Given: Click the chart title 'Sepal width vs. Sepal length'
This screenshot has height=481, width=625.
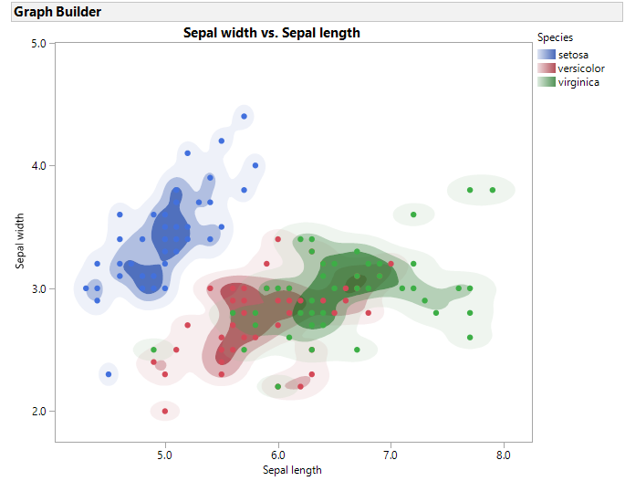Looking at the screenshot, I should tap(272, 33).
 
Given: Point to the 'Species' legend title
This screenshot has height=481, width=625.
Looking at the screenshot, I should tap(555, 37).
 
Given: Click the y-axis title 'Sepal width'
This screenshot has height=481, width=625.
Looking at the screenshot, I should tap(20, 241).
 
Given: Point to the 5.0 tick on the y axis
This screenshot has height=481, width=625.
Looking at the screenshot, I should tap(38, 43).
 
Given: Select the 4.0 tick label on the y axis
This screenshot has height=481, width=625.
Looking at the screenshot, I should tap(38, 166).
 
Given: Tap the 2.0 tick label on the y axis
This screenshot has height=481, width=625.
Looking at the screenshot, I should tap(38, 412).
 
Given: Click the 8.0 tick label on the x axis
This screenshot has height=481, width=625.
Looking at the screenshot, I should tap(504, 454).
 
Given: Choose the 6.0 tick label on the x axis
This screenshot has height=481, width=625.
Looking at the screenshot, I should tap(278, 454).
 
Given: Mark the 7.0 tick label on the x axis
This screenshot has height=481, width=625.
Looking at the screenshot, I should tap(391, 454).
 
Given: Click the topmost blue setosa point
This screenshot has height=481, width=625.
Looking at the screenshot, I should tap(244, 116).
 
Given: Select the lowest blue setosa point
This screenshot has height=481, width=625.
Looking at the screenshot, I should tap(109, 374).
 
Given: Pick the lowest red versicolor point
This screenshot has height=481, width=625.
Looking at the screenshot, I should tap(165, 412).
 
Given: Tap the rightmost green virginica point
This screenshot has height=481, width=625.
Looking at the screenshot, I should tap(493, 190).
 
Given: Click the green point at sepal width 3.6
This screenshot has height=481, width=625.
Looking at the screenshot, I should tap(413, 214).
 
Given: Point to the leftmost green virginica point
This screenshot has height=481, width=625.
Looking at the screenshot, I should tap(154, 350).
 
